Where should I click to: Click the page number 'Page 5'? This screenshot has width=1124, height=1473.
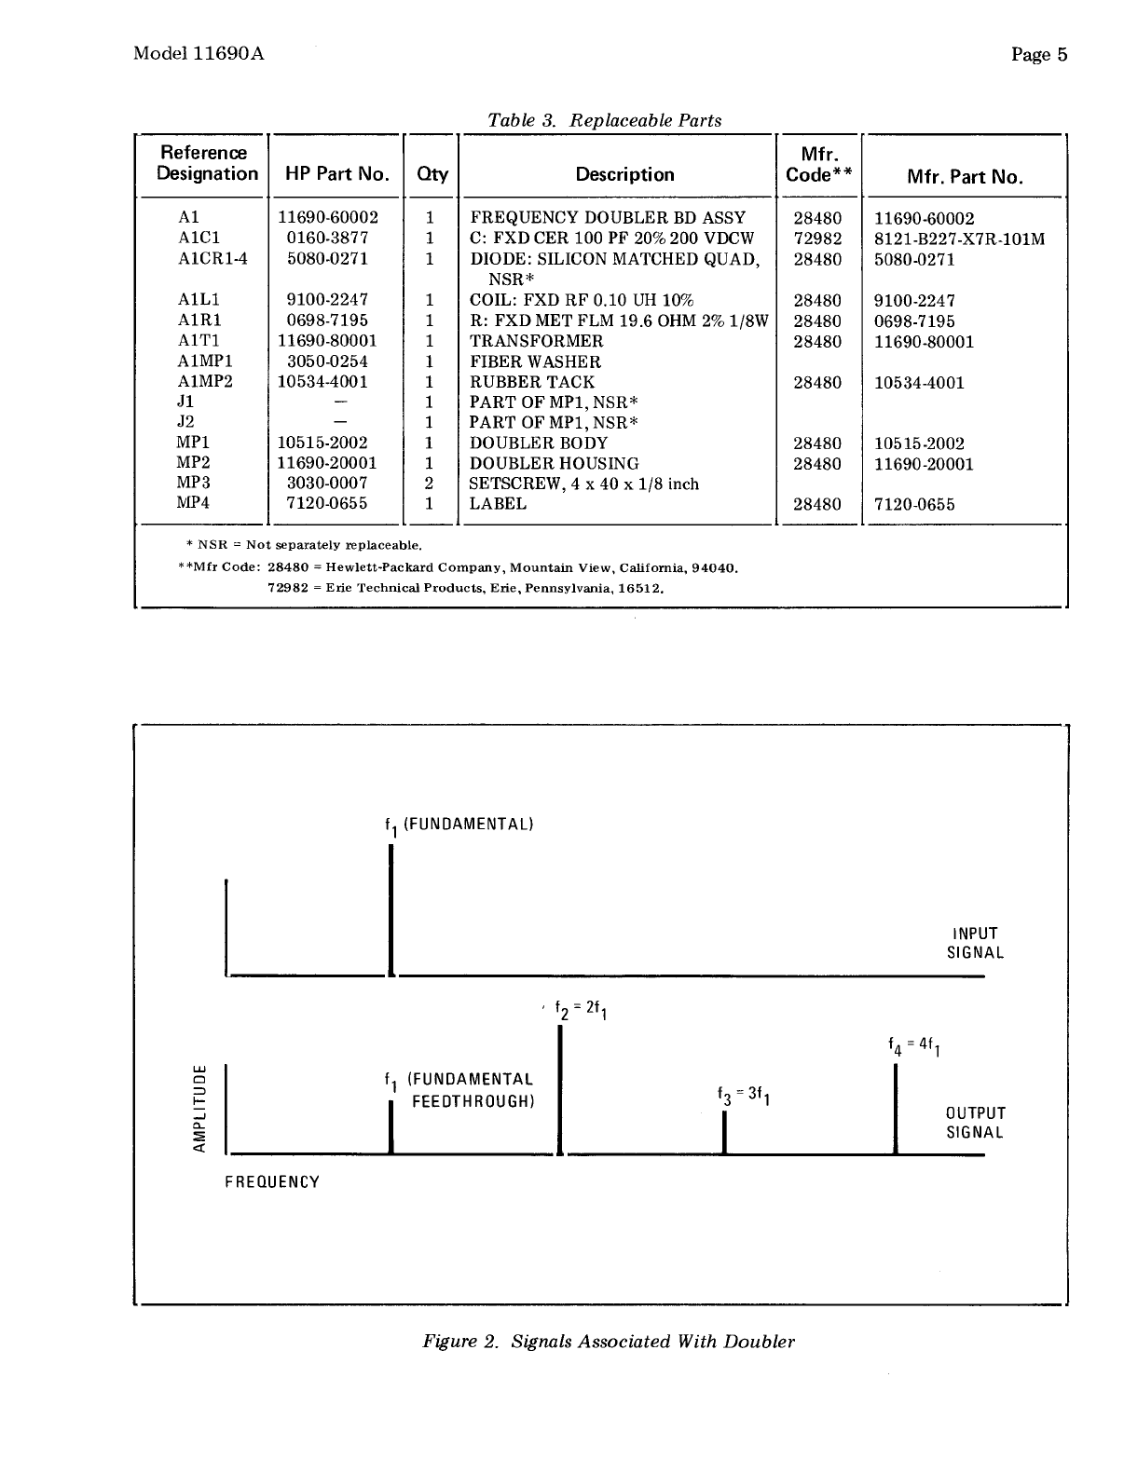1039,54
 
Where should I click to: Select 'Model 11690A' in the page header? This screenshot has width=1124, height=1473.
199,53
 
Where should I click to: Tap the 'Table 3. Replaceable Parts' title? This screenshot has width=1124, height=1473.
605,120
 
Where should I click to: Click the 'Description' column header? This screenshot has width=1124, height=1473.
624,174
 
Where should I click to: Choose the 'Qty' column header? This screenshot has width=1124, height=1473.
432,174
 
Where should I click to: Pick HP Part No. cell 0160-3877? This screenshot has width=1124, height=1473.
327,239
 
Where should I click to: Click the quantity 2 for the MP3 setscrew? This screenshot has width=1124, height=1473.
430,484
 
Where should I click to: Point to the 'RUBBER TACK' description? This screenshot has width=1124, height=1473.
531,382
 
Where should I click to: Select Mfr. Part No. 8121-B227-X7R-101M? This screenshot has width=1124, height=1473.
959,239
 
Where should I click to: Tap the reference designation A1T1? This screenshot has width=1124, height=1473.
199,341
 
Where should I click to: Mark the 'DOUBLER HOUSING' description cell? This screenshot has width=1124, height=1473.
554,464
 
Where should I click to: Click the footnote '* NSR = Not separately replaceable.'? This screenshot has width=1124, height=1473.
304,544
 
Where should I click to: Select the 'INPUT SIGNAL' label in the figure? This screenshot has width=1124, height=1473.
975,943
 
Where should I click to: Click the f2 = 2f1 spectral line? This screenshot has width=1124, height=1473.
560,1090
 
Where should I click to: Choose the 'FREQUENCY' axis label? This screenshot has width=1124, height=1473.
272,1182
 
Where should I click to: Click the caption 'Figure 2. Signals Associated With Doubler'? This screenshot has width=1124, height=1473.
609,1342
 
